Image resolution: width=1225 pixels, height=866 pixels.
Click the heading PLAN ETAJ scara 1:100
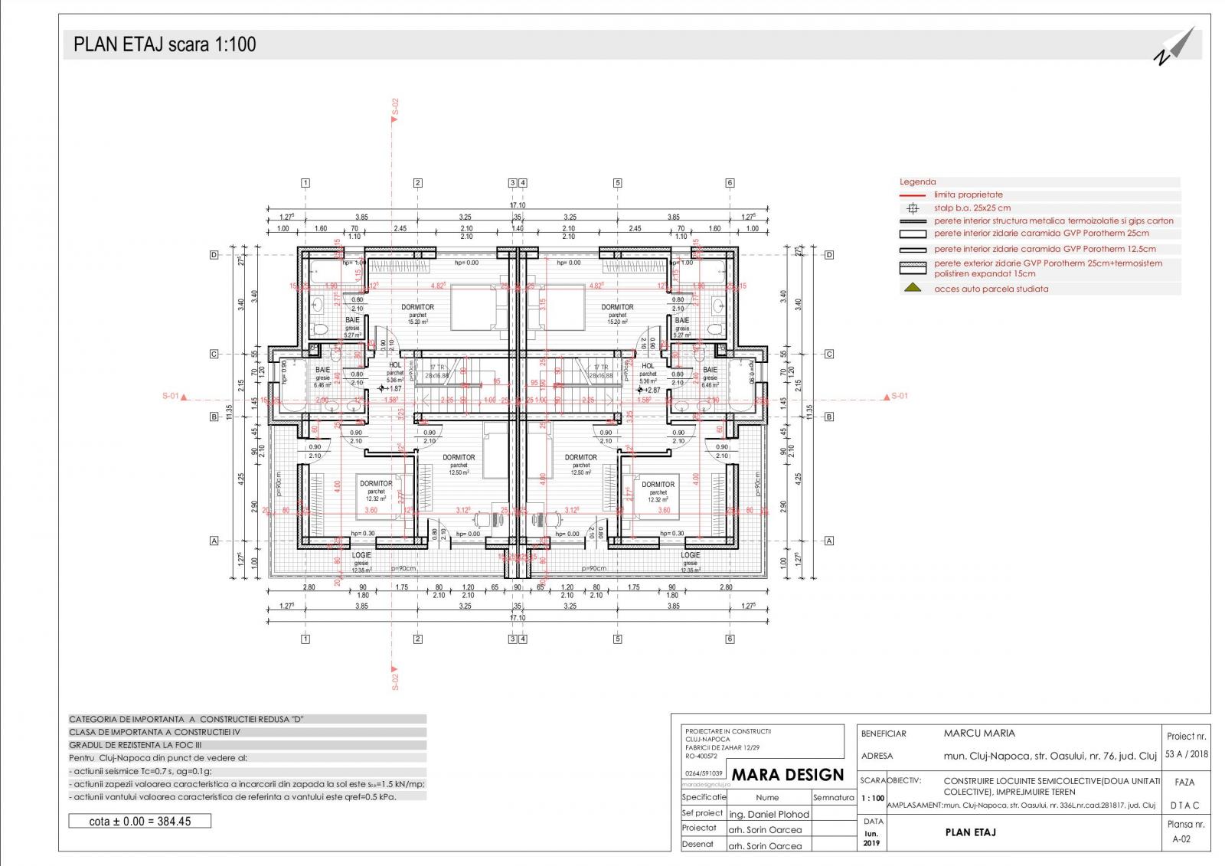[165, 44]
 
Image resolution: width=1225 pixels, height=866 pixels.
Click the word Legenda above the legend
[917, 182]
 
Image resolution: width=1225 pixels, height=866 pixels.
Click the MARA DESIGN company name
[787, 775]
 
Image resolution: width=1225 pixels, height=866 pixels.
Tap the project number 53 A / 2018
[1186, 754]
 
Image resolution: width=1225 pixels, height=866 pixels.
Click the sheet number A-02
[1181, 839]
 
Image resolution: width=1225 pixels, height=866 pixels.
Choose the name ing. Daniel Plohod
[769, 814]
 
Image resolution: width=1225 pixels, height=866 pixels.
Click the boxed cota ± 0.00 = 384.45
[139, 822]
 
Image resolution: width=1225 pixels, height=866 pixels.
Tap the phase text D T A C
[1185, 806]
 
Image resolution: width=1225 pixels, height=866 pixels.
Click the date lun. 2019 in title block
[872, 838]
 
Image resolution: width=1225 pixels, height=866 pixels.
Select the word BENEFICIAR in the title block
[883, 734]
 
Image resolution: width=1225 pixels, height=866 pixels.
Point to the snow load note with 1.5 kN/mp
[247, 784]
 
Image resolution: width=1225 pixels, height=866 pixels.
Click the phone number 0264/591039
[702, 773]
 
